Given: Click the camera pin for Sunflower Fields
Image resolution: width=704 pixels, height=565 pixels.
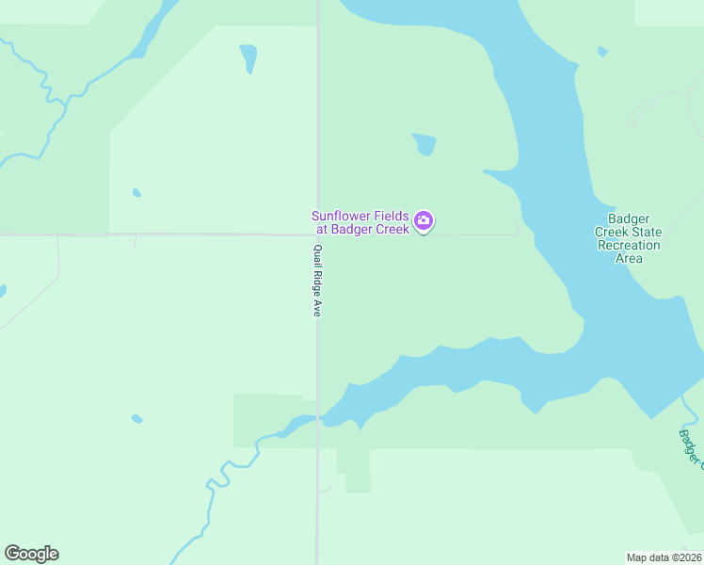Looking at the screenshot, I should point(424,221).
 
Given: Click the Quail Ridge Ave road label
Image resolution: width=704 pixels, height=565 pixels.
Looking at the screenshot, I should point(318,281).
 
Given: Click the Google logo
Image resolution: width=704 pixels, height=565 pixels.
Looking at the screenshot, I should point(31,554).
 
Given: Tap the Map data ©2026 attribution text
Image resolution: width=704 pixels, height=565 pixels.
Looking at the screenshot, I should point(664,557).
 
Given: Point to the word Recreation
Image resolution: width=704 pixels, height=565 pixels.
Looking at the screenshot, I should point(629,245).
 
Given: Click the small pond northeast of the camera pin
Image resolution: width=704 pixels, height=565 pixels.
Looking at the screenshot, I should point(424,144).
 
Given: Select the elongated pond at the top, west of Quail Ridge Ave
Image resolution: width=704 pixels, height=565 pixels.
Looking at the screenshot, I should point(248,57).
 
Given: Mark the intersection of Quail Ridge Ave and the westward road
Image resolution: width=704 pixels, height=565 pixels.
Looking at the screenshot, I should point(317,234).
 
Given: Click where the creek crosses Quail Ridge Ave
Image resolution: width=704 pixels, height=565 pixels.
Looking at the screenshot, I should point(318,417).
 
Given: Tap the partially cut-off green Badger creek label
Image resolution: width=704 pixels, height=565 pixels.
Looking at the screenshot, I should point(690,446).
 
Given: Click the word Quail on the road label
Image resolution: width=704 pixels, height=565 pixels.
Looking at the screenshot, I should point(318,255).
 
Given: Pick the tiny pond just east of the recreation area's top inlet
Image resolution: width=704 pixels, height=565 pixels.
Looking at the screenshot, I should point(602,52).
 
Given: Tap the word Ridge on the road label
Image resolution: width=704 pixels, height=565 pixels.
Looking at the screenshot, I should point(318,280).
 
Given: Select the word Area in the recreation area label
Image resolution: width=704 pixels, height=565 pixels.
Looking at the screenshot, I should point(629,258).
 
